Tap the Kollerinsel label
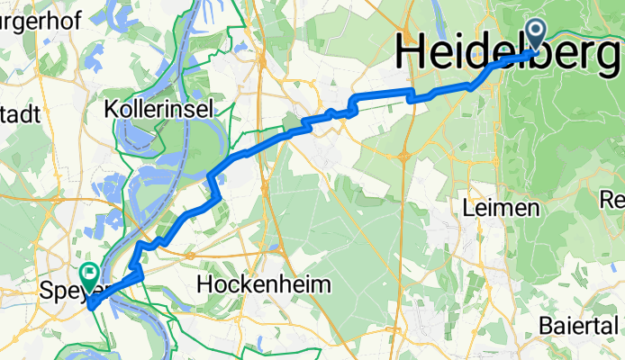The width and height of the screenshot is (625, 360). (159, 110)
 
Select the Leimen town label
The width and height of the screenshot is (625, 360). (501, 208)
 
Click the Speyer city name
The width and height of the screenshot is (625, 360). (70, 291)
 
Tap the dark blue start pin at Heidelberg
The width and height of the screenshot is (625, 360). (537, 35)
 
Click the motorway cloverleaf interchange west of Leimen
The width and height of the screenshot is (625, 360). (404, 157)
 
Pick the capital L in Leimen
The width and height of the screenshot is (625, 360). (467, 208)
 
